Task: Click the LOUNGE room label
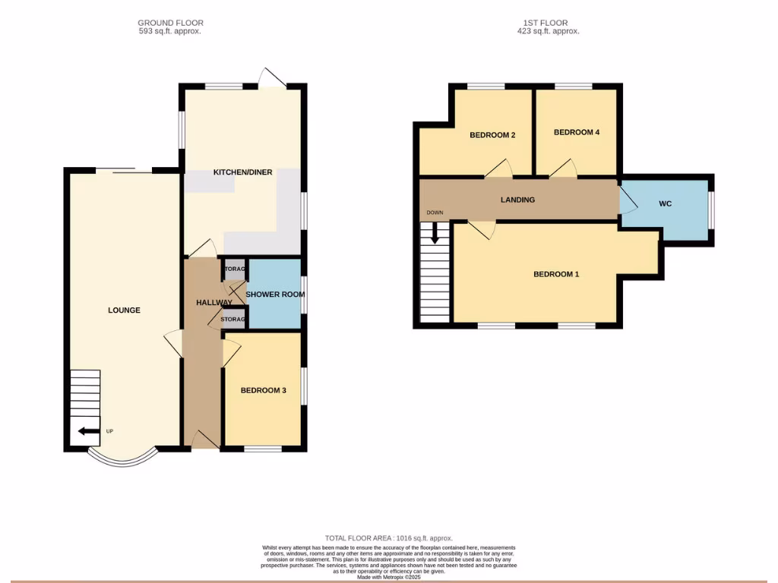click(124, 310)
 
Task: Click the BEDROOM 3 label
click(263, 391)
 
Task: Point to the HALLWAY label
click(213, 303)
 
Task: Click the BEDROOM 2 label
click(492, 135)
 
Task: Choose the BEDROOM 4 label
click(577, 132)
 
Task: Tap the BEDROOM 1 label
click(556, 274)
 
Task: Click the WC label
click(666, 204)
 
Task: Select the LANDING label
click(517, 200)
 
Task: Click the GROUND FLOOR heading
click(170, 23)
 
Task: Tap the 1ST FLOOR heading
click(546, 23)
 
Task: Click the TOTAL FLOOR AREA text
click(389, 538)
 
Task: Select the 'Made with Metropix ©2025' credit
click(389, 577)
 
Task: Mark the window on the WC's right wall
click(711, 210)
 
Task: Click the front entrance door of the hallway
click(201, 440)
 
